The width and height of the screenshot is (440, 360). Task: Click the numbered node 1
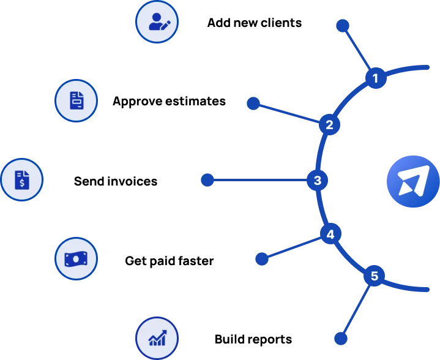point(376,78)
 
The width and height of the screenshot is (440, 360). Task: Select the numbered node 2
point(329,125)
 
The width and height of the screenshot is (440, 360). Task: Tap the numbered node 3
point(317,181)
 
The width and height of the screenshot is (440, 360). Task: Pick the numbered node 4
point(330,234)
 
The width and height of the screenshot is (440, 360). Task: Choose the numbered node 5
point(375,276)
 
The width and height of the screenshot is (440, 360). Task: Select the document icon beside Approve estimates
point(76,100)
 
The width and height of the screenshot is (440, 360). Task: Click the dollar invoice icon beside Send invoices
point(22,181)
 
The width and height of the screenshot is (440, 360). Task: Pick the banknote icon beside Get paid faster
point(76,260)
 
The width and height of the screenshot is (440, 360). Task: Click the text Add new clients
point(254,23)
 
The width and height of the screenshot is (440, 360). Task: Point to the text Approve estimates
point(169,101)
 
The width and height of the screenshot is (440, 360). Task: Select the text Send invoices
point(116,181)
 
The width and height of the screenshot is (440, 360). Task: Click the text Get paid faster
point(169,261)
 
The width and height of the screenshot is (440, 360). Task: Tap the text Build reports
point(253,339)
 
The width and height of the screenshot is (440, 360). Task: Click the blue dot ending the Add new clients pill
point(343,26)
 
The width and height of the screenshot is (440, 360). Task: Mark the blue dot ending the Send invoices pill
point(208,180)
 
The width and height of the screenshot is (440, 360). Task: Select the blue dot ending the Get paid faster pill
point(263,259)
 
